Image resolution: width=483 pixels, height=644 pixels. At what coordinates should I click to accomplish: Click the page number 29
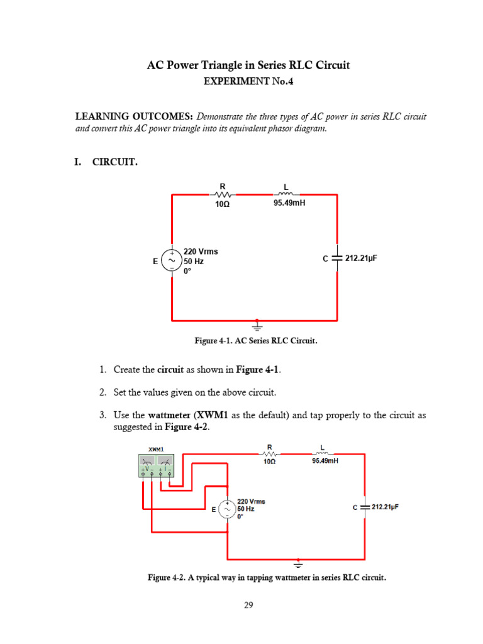pyautogui.click(x=248, y=605)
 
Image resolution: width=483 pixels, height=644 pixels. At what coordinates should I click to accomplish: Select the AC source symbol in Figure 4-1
pyautogui.click(x=172, y=260)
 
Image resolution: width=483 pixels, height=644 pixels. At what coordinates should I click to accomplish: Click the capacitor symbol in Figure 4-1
pyautogui.click(x=337, y=257)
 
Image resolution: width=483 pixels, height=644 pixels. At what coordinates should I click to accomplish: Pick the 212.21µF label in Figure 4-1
pyautogui.click(x=361, y=257)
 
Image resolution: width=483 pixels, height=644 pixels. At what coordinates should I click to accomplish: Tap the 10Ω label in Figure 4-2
pyautogui.click(x=269, y=461)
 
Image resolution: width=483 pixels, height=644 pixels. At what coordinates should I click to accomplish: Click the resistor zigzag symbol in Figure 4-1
pyautogui.click(x=221, y=194)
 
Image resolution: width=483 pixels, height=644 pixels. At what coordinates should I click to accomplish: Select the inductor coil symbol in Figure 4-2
pyautogui.click(x=322, y=453)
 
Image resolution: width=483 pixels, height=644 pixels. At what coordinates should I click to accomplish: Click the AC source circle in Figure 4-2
pyautogui.click(x=227, y=509)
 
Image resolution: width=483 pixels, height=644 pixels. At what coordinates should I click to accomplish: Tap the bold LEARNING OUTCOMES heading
pyautogui.click(x=134, y=116)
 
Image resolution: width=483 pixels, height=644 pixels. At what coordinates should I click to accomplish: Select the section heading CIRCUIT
pyautogui.click(x=114, y=162)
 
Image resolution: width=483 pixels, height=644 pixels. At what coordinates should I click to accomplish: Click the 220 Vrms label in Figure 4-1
pyautogui.click(x=201, y=251)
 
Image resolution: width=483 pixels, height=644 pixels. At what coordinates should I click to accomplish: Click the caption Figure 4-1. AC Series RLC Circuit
pyautogui.click(x=257, y=341)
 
